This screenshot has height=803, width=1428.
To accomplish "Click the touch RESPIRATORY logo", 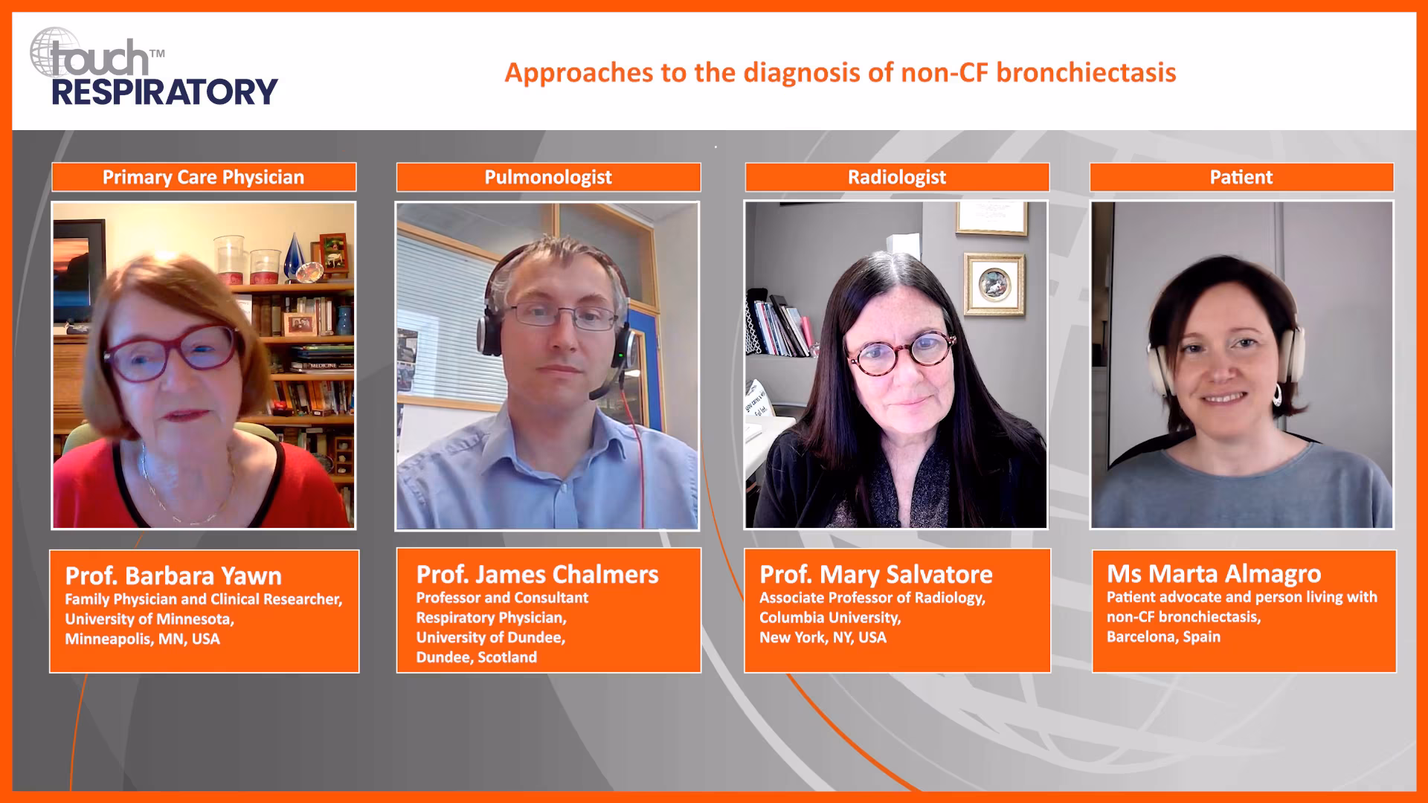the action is (153, 68).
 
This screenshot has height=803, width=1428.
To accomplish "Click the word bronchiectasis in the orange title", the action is (1086, 73).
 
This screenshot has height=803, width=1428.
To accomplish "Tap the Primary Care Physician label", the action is (203, 177).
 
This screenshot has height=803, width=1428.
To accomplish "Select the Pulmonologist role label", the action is (548, 177).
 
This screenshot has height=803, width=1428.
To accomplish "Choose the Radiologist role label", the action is (897, 177).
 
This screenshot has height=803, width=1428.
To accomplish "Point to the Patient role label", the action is (1241, 177).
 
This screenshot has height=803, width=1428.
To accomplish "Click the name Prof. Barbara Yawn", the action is (173, 576).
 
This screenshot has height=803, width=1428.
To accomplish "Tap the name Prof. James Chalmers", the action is (537, 575).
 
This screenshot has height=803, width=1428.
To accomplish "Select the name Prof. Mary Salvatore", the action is (875, 575).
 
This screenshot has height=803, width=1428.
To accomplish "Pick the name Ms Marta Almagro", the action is (1214, 574).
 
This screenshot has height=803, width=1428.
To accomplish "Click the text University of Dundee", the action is (490, 638).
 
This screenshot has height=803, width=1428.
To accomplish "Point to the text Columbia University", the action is (830, 618).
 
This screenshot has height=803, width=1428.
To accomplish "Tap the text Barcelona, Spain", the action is (1163, 637).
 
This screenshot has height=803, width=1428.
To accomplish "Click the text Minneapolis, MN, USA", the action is (142, 639).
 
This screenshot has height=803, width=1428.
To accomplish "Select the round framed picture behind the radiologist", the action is (994, 284).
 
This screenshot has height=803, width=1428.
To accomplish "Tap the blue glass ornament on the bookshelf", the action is (295, 256).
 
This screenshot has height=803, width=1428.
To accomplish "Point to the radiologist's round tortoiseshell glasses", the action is (901, 352).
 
